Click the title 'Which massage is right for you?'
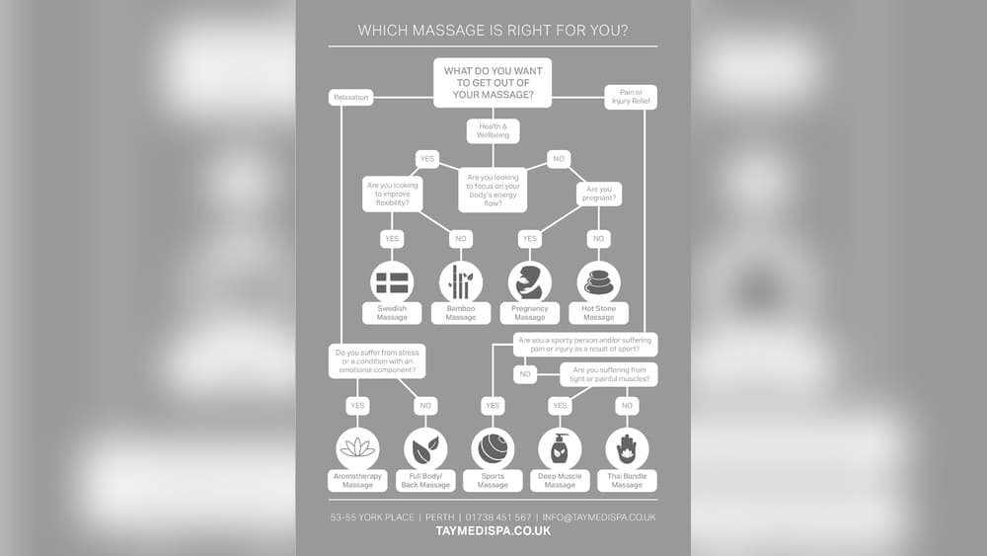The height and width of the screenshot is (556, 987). (493, 31)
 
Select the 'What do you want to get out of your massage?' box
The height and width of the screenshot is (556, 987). (493, 83)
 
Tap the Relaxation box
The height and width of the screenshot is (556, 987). (350, 97)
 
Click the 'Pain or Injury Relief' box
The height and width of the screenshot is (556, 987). (631, 97)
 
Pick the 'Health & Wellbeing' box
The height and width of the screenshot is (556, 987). (493, 131)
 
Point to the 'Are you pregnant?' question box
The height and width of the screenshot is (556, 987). (599, 194)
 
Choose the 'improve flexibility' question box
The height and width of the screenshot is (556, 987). (392, 195)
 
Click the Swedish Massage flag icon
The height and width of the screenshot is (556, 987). (392, 281)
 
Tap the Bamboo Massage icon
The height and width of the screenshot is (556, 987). (460, 281)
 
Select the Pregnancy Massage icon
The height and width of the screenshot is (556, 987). (530, 281)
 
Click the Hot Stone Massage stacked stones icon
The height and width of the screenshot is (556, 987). (598, 281)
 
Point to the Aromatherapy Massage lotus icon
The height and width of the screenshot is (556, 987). (357, 448)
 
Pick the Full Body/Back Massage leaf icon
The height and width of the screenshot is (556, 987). (425, 449)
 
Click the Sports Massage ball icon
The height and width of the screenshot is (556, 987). (493, 449)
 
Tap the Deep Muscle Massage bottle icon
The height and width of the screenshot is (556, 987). (560, 449)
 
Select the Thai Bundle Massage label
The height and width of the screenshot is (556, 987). (627, 481)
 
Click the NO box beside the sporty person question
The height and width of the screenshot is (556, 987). (525, 374)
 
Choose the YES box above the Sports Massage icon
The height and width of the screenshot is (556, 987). (493, 405)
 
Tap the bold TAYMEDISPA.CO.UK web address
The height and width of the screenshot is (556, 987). (493, 531)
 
